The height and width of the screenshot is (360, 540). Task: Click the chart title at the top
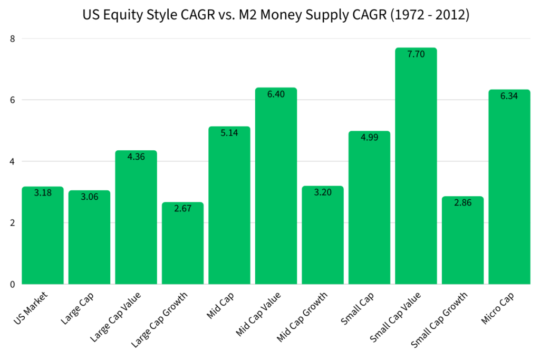(276, 15)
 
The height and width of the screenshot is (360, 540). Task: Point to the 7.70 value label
(416, 54)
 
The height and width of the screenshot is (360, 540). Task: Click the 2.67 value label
(182, 208)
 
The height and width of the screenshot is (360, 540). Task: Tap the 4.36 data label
(136, 157)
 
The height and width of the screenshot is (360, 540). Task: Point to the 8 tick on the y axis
(13, 38)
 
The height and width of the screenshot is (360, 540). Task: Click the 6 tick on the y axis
(13, 100)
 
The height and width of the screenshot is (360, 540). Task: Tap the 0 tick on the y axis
(13, 285)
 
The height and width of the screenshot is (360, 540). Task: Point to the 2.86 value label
(462, 202)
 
